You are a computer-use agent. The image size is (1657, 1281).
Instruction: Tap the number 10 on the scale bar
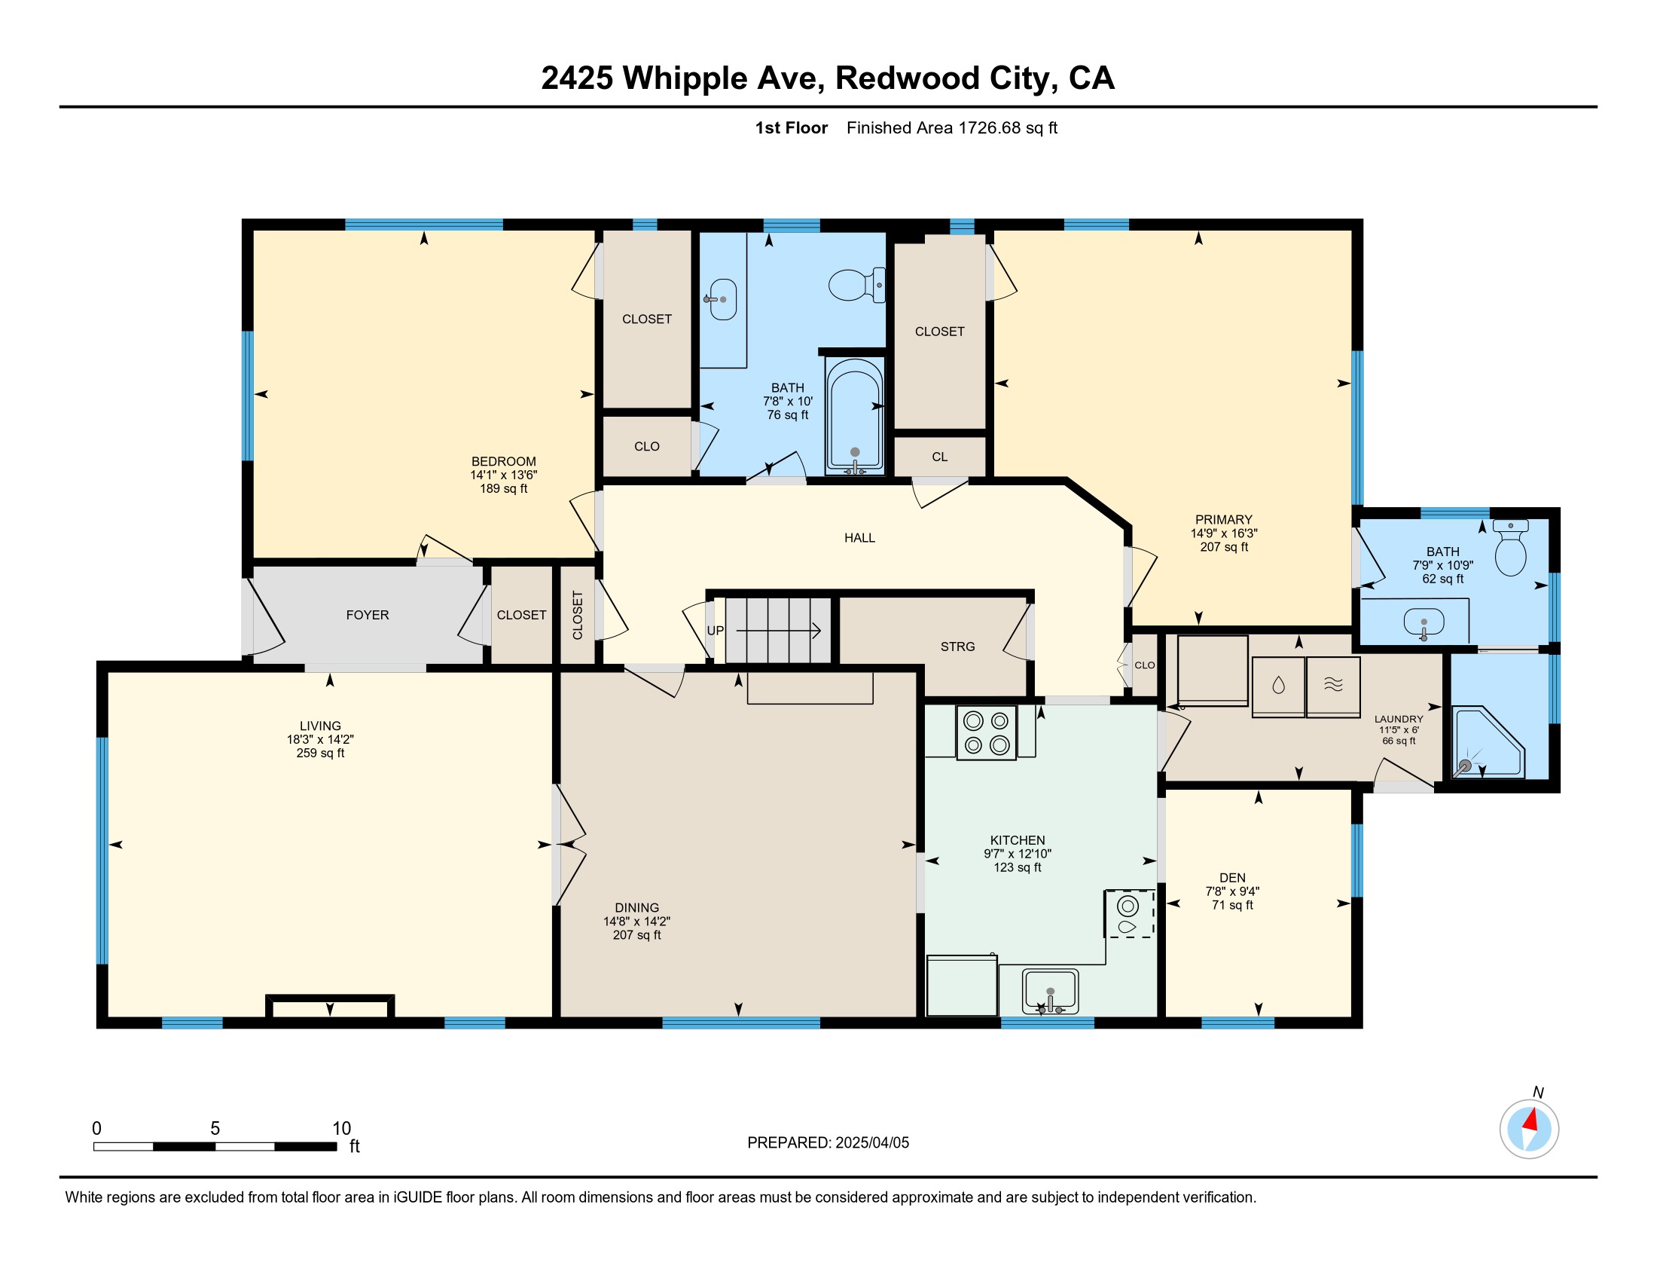point(341,1129)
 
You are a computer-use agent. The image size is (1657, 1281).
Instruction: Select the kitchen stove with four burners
point(987,732)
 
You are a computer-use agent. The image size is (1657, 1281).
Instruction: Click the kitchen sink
point(1050,991)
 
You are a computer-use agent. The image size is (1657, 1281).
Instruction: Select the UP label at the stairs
point(716,631)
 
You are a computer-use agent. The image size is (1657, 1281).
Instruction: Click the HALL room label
point(859,538)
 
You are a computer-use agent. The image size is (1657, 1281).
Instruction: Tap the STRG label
point(957,647)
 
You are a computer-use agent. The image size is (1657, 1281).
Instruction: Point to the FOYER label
point(368,615)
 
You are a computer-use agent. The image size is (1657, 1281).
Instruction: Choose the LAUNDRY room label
point(1399,719)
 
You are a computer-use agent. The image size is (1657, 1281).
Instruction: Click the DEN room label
point(1232,877)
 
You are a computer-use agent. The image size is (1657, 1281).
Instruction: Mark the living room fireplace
point(330,1006)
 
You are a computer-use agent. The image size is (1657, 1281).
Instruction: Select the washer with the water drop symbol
point(1278,686)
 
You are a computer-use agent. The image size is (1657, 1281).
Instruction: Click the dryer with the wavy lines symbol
point(1333,686)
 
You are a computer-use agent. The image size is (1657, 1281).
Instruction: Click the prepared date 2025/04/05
point(871,1143)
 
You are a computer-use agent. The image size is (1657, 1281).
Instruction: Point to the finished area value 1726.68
point(990,127)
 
